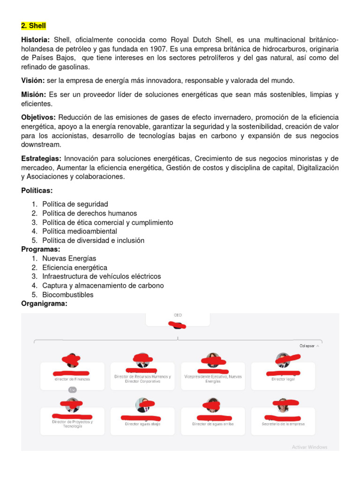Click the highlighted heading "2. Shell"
click(33, 25)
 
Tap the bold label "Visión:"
click(33, 81)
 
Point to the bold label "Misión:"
click(33, 95)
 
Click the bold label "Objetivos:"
click(38, 117)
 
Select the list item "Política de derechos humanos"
click(90, 213)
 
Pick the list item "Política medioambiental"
click(80, 231)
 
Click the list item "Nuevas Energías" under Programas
click(69, 258)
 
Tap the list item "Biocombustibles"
click(68, 295)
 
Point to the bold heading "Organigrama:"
click(44, 304)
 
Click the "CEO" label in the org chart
click(178, 315)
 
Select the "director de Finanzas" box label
click(72, 379)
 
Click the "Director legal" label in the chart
click(283, 379)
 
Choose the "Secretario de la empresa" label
click(283, 424)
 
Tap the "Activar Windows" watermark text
click(309, 447)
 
